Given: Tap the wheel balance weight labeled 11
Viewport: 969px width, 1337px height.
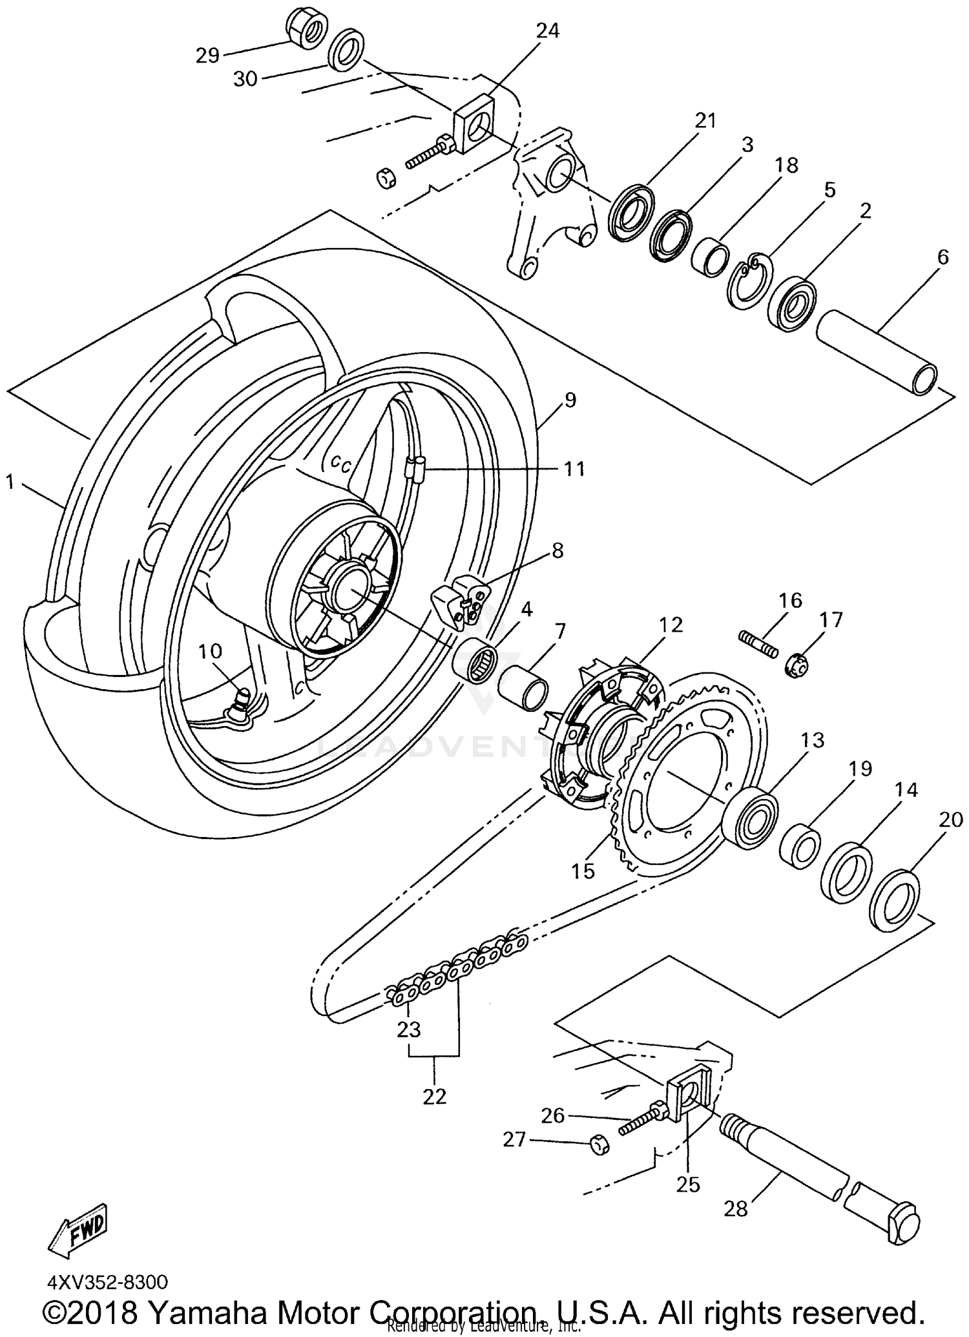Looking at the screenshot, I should tap(415, 466).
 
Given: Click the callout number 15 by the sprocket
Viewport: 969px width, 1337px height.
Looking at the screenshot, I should tap(583, 871).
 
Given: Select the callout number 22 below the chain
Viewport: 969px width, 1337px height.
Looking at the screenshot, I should tap(434, 1096).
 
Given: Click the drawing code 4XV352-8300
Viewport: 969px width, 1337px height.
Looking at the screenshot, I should tap(107, 1281).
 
